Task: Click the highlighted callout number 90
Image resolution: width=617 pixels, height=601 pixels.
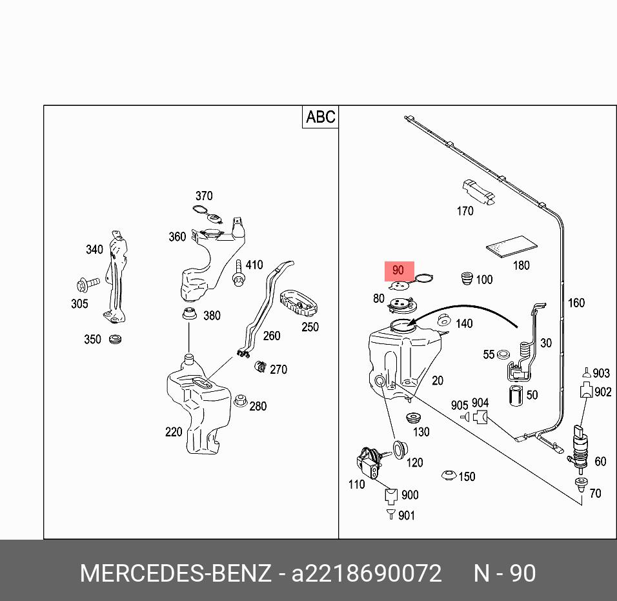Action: [x=398, y=270]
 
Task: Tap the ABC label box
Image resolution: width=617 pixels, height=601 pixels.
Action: [x=321, y=117]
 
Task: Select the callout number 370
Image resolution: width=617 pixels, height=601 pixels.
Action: [x=204, y=196]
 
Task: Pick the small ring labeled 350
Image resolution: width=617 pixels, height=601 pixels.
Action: [x=116, y=340]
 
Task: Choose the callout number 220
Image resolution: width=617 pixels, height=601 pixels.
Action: [x=174, y=432]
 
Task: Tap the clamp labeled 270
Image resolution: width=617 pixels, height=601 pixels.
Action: [x=261, y=366]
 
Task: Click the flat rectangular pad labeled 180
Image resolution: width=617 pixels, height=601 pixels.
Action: [x=512, y=244]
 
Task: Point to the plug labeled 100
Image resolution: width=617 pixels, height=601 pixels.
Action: [x=467, y=278]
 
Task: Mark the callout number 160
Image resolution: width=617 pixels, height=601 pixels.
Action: [x=576, y=303]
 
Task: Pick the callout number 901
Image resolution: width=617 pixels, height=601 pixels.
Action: [x=407, y=515]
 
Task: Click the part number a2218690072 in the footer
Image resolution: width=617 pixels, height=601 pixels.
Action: [x=367, y=573]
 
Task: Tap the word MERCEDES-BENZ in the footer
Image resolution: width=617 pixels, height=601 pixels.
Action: [x=176, y=573]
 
